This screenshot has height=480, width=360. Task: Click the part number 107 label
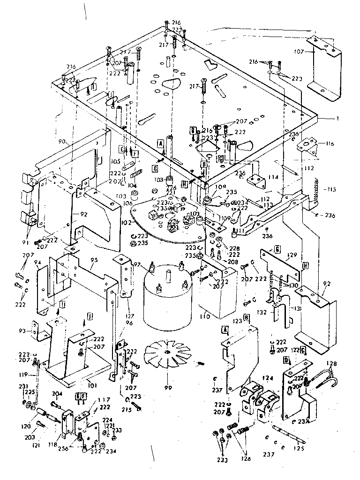pyautogui.click(x=300, y=52)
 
